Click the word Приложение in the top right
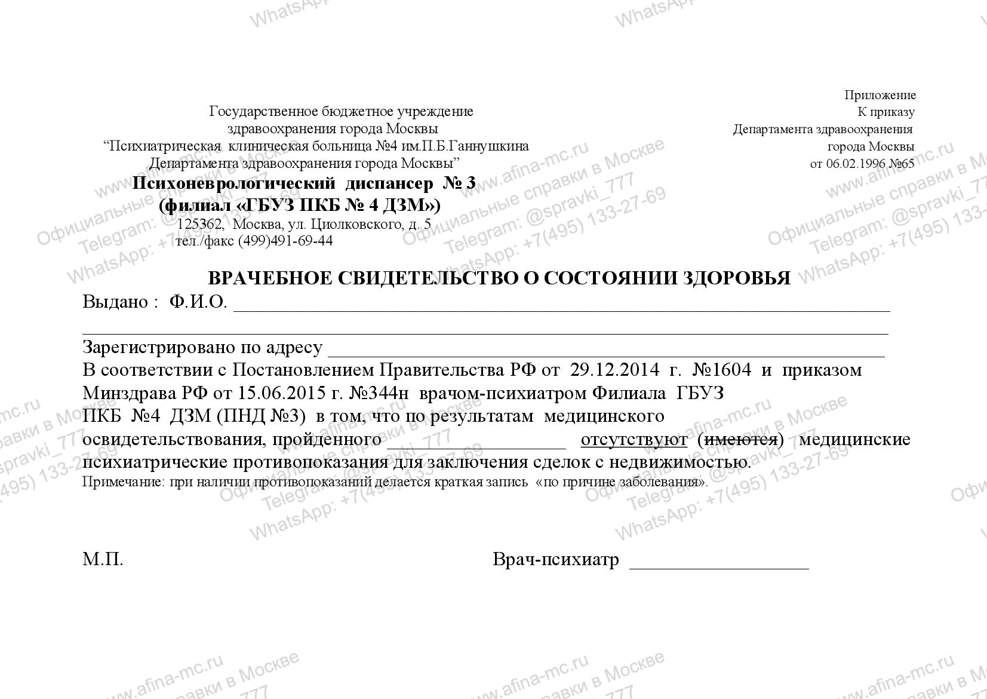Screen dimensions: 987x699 (880, 96)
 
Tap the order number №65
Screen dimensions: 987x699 (902, 164)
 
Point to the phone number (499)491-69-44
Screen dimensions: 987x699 (285, 241)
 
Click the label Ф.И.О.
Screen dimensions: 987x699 (198, 302)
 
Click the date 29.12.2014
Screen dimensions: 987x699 (614, 370)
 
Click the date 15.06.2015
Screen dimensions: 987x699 (280, 393)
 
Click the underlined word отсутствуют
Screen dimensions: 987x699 (634, 440)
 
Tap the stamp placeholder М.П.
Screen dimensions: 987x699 (103, 560)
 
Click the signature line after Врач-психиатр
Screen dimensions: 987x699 (719, 565)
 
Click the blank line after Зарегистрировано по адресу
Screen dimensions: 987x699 (606, 352)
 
